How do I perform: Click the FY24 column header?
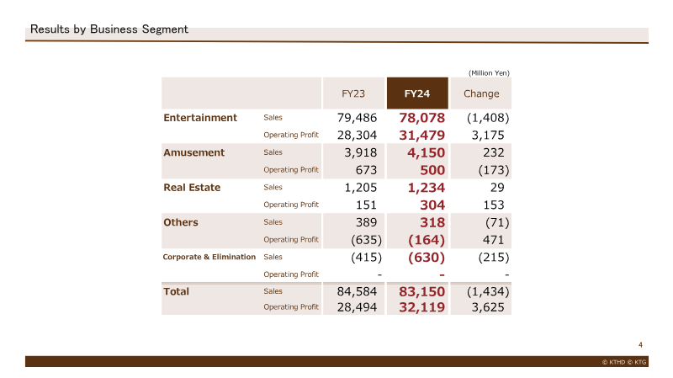(x=416, y=93)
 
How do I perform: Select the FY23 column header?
(x=353, y=93)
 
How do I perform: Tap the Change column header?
(x=481, y=93)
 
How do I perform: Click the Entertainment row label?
(x=200, y=118)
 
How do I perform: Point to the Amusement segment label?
(x=193, y=152)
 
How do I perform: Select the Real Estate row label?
(x=192, y=187)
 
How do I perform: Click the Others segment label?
(x=181, y=222)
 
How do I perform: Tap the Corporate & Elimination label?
(x=209, y=257)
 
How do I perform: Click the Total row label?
(x=176, y=291)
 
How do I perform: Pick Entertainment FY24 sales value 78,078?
(x=422, y=118)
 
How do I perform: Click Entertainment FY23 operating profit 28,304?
(x=357, y=136)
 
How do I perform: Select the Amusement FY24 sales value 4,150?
(x=426, y=152)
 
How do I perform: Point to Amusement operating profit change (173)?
(x=494, y=170)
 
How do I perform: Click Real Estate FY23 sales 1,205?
(x=361, y=187)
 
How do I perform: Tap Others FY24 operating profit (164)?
(x=427, y=240)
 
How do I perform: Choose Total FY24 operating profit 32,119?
(x=422, y=307)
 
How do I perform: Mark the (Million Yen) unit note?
(x=489, y=73)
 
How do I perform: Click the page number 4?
(x=640, y=345)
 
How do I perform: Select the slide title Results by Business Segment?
(x=109, y=29)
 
